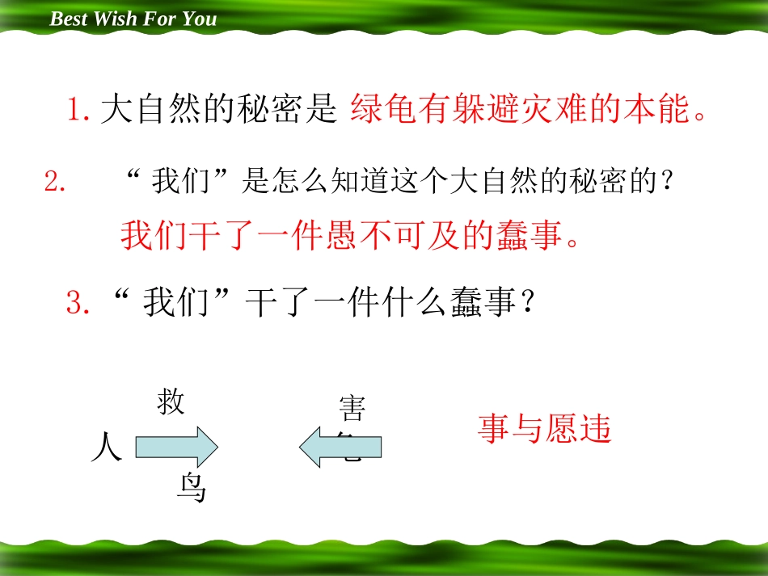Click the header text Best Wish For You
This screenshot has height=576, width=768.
point(133,19)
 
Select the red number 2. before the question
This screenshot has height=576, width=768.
point(55,183)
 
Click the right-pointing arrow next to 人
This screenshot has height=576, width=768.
point(176,446)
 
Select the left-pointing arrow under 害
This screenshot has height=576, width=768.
point(340,447)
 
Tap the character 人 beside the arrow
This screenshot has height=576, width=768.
point(107,447)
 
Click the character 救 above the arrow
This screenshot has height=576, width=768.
point(171,402)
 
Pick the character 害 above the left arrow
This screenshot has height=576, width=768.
point(352,409)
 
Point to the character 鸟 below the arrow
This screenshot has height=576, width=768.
point(192,490)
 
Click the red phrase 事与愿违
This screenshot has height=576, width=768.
point(544,429)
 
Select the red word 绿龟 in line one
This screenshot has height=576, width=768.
point(384,110)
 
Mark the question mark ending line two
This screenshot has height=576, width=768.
point(667,183)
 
